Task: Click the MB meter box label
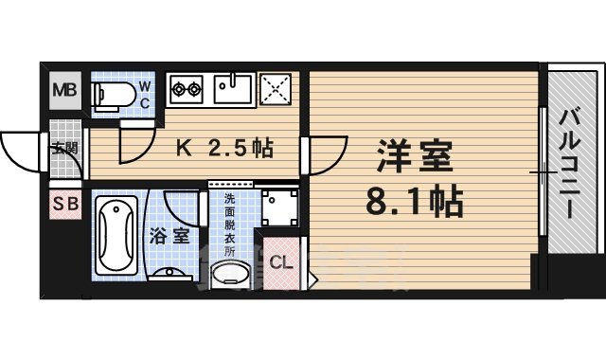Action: [x=64, y=91]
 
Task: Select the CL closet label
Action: [x=281, y=262]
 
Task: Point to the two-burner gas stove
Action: [x=187, y=91]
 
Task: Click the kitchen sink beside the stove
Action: [x=231, y=90]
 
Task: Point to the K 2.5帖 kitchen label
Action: [x=226, y=148]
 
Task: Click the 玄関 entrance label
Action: [x=65, y=148]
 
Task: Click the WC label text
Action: [x=145, y=94]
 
